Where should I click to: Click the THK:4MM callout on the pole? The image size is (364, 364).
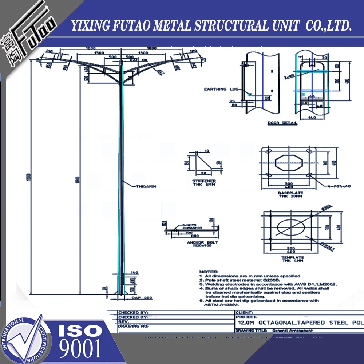[146, 186]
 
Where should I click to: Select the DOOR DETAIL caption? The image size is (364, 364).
[282, 123]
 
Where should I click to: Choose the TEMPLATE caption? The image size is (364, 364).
[292, 257]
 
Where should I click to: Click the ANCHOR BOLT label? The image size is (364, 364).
[202, 242]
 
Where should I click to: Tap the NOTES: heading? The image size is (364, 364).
[209, 272]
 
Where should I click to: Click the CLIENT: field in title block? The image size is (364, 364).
[244, 312]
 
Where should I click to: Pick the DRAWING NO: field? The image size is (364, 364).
[133, 327]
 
